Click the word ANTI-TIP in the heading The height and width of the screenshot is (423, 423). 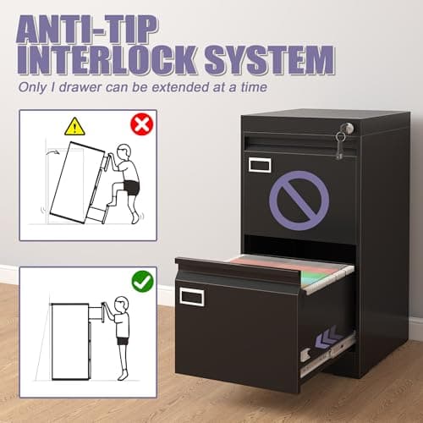click(x=87, y=30)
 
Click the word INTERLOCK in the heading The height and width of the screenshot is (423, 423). click(x=107, y=60)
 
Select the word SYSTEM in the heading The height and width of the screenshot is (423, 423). click(x=270, y=60)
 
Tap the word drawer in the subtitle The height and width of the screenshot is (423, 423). click(x=80, y=87)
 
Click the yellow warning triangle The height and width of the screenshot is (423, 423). click(x=74, y=126)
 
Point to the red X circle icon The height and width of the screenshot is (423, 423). click(x=142, y=124)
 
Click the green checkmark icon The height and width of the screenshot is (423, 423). click(x=143, y=281)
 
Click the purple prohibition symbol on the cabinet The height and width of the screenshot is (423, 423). click(x=299, y=201)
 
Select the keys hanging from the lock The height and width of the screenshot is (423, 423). click(x=340, y=146)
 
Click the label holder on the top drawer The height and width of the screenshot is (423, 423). click(x=260, y=165)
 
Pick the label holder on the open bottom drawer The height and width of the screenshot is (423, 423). click(x=192, y=297)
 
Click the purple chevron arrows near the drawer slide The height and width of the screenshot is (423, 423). click(x=329, y=337)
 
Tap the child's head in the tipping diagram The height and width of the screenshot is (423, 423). click(x=124, y=152)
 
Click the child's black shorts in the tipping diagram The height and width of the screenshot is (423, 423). click(x=131, y=188)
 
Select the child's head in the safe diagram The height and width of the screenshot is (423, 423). click(x=121, y=304)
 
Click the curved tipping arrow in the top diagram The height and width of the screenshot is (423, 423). click(x=52, y=152)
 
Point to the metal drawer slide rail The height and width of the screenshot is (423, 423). click(x=327, y=356)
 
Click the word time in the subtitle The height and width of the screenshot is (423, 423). click(x=254, y=87)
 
